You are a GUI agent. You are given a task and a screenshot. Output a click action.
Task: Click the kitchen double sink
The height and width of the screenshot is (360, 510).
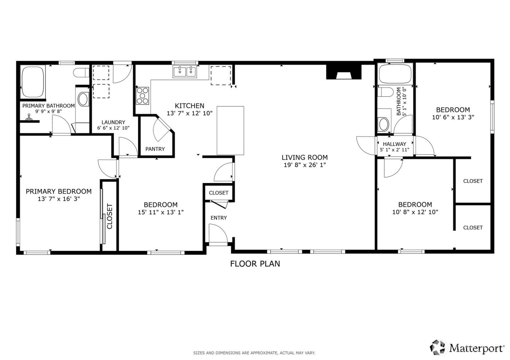185,72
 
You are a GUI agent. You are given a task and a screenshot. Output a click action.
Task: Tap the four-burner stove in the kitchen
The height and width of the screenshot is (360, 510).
142,96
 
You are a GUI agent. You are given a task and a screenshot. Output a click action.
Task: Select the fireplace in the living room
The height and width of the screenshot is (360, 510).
344,72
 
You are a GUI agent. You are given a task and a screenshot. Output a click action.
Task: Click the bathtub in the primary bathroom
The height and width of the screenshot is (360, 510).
33,82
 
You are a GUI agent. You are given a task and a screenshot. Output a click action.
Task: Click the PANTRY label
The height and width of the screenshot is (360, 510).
155,149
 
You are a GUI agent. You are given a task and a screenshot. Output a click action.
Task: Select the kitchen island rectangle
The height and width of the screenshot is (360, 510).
230,131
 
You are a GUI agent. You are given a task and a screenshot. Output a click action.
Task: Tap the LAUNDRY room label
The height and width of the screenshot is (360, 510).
113,122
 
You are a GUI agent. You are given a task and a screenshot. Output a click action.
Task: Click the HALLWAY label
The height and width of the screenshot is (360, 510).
394,144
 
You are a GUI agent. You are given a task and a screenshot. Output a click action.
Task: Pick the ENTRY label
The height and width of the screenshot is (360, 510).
219,218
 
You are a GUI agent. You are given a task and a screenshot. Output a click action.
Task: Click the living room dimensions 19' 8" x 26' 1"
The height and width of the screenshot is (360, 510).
305,165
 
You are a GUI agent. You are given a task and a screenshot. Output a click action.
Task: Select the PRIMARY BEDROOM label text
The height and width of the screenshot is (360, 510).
59,191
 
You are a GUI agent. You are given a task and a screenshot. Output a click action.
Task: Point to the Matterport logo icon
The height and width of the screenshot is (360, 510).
438,348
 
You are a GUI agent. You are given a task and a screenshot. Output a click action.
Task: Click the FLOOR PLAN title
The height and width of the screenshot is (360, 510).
255,264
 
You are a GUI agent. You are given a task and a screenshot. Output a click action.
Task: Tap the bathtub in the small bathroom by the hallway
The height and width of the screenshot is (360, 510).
395,74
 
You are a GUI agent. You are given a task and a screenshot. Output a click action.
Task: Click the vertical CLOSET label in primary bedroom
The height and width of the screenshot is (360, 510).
110,216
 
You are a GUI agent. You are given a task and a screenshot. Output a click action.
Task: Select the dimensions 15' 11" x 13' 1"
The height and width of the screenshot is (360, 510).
161,212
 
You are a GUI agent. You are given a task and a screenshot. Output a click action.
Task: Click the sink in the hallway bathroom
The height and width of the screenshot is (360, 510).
384,124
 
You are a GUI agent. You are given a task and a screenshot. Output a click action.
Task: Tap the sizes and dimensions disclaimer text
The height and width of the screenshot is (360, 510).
254,353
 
